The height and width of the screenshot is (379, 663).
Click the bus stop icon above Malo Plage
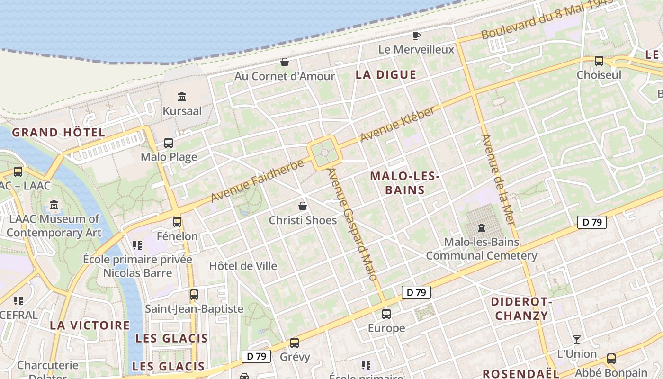click(168, 143)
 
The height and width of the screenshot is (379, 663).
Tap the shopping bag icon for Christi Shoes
click(303, 206)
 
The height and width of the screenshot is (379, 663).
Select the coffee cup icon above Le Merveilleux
click(416, 36)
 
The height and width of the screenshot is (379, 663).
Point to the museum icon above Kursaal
click(182, 97)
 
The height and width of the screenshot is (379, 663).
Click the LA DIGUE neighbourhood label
click(386, 75)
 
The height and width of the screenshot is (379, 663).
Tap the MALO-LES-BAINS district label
click(405, 183)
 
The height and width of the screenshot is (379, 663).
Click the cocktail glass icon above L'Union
click(576, 339)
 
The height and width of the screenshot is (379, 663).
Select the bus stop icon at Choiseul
click(599, 61)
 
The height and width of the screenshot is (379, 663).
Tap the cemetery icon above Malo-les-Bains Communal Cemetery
click(482, 228)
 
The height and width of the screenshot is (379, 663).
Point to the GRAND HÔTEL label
click(59, 133)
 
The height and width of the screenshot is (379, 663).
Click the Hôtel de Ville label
click(243, 266)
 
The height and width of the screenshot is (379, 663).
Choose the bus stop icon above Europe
click(386, 314)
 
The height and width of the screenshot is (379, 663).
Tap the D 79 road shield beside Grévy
click(256, 356)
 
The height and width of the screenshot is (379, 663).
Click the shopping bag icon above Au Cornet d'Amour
click(285, 62)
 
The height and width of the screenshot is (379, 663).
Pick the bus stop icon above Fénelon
click(177, 222)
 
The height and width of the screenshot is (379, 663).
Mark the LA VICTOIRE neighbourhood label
click(90, 325)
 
